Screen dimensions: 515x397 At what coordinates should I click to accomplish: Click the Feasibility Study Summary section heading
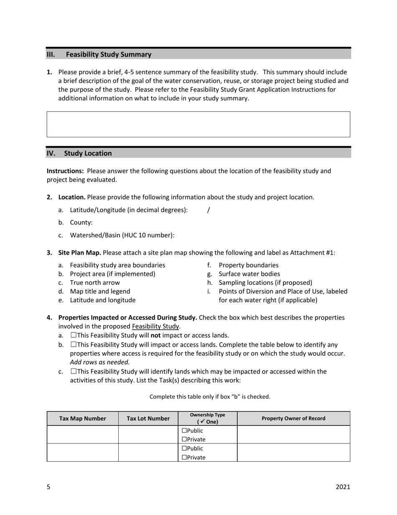coord(109,54)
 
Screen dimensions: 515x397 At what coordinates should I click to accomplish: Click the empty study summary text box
coord(198,124)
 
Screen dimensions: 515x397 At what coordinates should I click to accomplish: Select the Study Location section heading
coord(88,153)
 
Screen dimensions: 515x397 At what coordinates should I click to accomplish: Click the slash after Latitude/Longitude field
coord(209,210)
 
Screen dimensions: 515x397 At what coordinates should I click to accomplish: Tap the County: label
coord(81,223)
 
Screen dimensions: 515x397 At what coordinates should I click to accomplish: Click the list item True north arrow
coord(95,283)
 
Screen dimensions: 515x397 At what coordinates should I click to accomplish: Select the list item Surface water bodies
coord(249,274)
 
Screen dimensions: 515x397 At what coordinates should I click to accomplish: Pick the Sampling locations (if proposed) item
coord(265,283)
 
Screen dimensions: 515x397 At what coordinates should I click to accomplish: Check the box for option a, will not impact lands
coord(74,335)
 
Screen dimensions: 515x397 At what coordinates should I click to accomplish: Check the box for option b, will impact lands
coord(74,345)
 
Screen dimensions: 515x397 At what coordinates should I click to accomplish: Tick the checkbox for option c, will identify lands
coord(74,371)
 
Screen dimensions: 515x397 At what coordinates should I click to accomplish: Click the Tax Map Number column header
coord(83,418)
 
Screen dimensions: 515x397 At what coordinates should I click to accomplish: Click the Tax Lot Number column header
coord(148,418)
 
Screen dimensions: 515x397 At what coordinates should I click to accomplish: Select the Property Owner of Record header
coord(293,418)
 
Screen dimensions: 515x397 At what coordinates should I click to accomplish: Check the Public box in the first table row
coord(184,430)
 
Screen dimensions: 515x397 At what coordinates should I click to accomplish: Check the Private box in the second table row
coord(184,458)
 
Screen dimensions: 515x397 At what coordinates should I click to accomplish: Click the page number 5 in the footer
coord(48,487)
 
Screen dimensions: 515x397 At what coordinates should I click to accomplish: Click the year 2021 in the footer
coord(343,487)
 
